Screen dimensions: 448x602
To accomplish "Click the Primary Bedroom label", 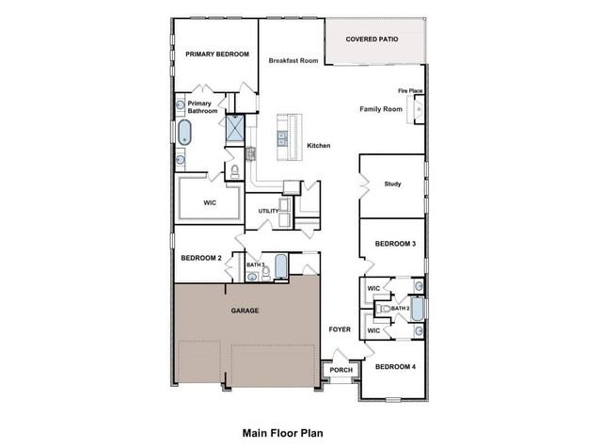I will [x=217, y=55].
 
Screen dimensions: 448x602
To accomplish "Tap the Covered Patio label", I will [x=372, y=40].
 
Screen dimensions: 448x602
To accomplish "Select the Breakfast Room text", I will [x=293, y=60].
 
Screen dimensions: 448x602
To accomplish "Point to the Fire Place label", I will [x=410, y=91].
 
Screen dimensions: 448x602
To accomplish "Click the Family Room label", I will [x=381, y=109].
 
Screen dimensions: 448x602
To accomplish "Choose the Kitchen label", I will [x=319, y=145].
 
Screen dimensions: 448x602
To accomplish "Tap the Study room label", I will [x=393, y=184].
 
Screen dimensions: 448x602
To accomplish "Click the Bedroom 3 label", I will [x=395, y=244].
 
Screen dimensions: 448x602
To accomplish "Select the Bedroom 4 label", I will [x=395, y=366].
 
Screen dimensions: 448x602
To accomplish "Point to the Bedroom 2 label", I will [x=200, y=258].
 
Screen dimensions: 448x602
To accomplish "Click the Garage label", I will [x=246, y=311].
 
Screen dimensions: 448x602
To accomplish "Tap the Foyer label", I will [x=339, y=329].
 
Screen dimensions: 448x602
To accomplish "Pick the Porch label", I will [x=341, y=370].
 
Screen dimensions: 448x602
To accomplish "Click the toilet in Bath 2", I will [x=384, y=308].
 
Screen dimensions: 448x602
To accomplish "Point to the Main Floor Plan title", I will [x=282, y=434].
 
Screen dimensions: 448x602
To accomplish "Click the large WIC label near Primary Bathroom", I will [x=211, y=202].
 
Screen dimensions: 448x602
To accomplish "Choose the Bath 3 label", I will [x=255, y=265].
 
